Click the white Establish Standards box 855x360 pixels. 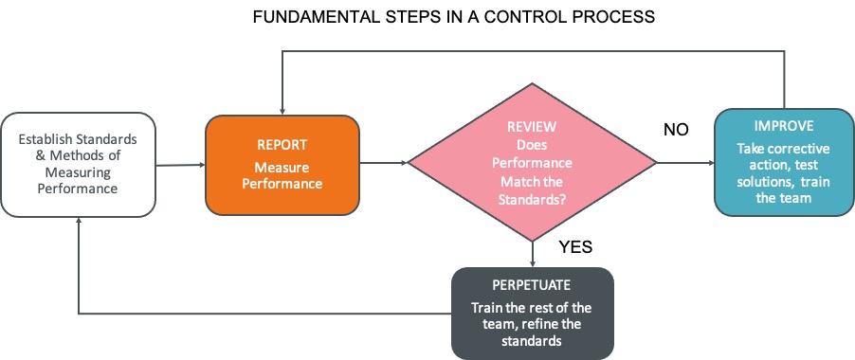(x=79, y=164)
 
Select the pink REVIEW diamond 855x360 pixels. (x=532, y=164)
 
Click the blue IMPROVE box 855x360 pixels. (x=784, y=162)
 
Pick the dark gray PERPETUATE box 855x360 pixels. (x=532, y=314)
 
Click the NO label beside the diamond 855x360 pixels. (x=675, y=129)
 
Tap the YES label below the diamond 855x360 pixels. (x=574, y=247)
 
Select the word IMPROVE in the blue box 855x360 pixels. (x=784, y=124)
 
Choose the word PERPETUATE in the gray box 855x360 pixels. (x=532, y=284)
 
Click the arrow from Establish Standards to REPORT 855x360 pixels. (x=180, y=165)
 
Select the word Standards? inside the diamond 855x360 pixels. (x=532, y=199)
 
